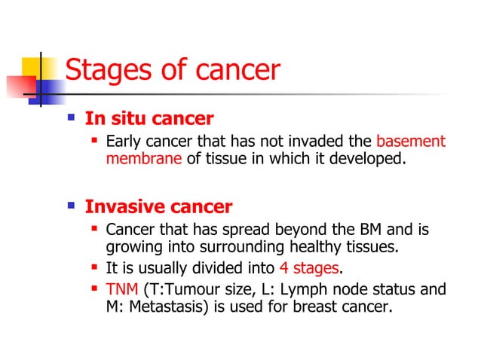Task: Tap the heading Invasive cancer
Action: pos(158,206)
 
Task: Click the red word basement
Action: pos(411,141)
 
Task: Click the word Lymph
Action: pos(285,289)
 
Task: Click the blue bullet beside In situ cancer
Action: pos(72,118)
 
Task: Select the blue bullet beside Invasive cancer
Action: pos(72,206)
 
